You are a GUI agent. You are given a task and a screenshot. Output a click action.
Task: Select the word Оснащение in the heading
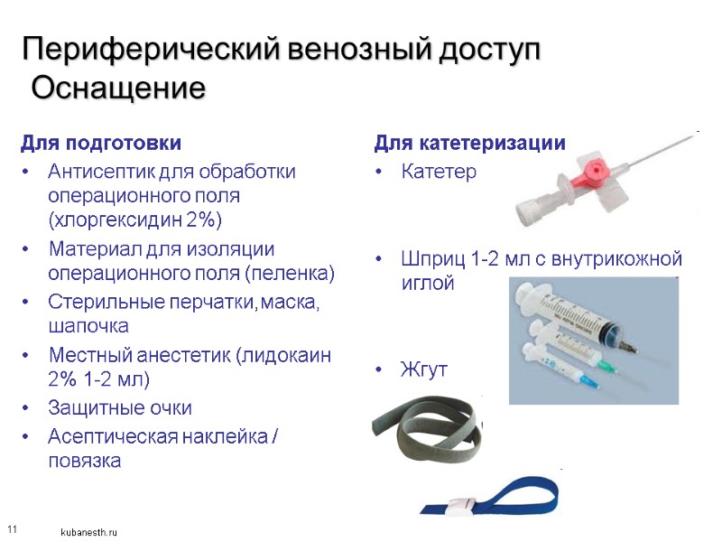pyautogui.click(x=118, y=89)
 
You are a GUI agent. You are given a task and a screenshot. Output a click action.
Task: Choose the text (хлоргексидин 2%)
pyautogui.click(x=135, y=220)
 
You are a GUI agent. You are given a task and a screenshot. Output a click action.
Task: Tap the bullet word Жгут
pyautogui.click(x=423, y=370)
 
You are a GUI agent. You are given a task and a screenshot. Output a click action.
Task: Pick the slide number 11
pyautogui.click(x=12, y=528)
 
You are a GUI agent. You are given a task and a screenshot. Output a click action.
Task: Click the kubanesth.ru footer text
pyautogui.click(x=88, y=533)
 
